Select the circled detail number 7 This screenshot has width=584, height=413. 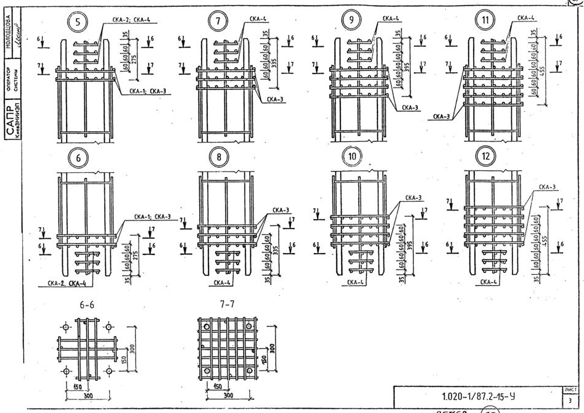[x=216, y=22]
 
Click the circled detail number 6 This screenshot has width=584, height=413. [x=78, y=158]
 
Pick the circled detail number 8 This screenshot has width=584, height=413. [x=218, y=157]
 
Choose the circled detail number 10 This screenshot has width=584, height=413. [x=352, y=156]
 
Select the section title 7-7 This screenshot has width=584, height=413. [x=226, y=305]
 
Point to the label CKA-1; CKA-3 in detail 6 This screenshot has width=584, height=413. [x=152, y=217]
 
